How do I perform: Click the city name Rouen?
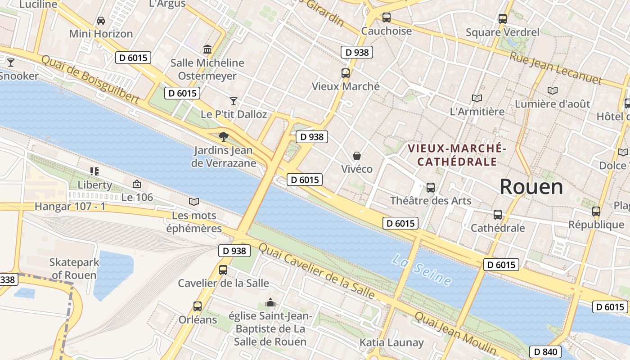531,187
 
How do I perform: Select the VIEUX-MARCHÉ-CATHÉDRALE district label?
457,155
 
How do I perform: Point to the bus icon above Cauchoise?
386,18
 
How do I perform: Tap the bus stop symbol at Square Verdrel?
503,19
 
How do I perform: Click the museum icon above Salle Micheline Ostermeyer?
207,49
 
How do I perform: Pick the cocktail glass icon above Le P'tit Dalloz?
233,101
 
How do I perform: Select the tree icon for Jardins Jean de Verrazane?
223,136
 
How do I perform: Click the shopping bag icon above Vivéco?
357,156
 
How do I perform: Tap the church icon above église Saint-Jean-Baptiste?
270,302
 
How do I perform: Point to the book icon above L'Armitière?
477,98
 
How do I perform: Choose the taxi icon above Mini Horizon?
101,20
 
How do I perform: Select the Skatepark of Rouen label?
74,269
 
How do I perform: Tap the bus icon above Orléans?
197,306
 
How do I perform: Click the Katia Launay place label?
391,342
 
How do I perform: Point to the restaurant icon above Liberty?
94,171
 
